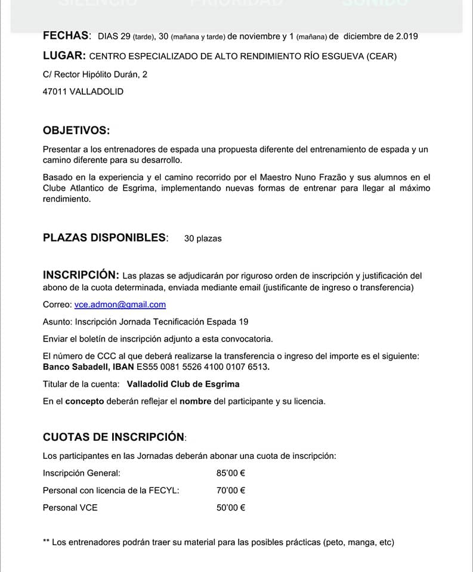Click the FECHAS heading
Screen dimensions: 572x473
pos(66,36)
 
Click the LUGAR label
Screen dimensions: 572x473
pos(64,56)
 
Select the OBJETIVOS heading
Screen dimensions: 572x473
pos(76,130)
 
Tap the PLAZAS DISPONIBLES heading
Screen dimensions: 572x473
pos(105,238)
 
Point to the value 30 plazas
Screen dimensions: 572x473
pos(203,238)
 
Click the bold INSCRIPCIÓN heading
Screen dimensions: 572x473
pos(81,275)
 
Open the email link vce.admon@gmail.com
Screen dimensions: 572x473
pos(120,304)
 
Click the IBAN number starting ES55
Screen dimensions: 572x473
pos(211,367)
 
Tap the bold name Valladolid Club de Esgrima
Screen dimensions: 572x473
pos(183,384)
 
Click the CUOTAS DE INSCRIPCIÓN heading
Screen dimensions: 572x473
pos(114,437)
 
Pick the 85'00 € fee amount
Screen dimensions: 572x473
pos(231,474)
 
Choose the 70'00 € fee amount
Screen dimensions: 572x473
pos(231,490)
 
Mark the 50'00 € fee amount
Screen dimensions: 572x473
pos(231,508)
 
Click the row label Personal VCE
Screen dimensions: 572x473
pos(70,508)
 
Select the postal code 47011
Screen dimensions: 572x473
pos(55,92)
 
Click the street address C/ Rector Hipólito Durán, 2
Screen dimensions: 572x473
pos(95,74)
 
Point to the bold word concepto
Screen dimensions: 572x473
pos(84,401)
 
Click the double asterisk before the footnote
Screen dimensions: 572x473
pos(46,542)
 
